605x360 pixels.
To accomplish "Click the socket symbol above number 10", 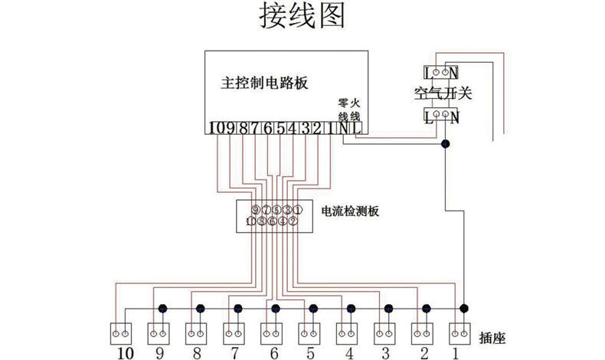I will [x=123, y=333].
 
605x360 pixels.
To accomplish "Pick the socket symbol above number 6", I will [x=273, y=333].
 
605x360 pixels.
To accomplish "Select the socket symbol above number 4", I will [x=349, y=333].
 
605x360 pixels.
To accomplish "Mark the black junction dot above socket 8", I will [x=200, y=309].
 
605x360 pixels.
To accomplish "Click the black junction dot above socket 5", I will [x=312, y=309].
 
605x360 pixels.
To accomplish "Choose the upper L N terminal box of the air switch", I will [x=442, y=74].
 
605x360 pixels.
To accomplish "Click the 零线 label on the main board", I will [x=343, y=110].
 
